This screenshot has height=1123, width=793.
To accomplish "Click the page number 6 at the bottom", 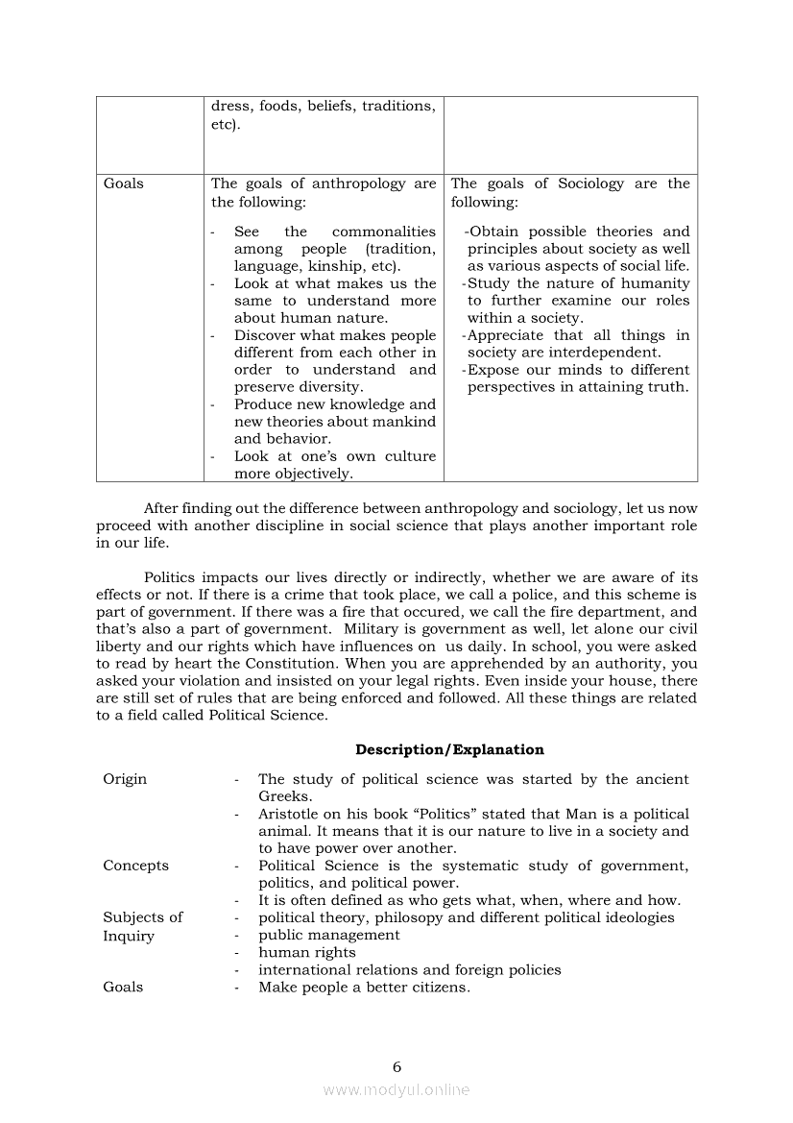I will pos(396,1066).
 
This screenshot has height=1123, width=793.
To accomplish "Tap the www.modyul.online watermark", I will pos(396,1089).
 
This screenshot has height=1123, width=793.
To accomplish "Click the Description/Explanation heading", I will pos(449,750).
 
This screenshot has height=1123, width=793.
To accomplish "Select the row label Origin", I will pos(125,779).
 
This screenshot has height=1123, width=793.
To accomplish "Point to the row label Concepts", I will pos(135,866).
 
